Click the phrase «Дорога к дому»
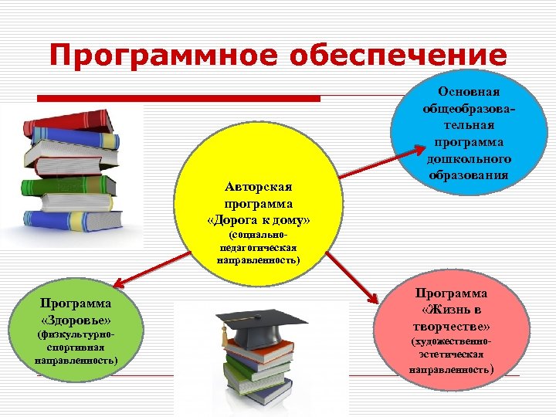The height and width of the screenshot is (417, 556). (259, 220)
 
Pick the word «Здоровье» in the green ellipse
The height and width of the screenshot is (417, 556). (76, 320)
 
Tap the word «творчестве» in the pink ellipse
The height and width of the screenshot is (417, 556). (452, 325)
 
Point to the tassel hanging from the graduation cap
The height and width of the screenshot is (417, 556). (225, 337)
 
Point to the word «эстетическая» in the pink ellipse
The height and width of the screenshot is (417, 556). (451, 354)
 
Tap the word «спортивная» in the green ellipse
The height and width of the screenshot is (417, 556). (76, 348)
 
